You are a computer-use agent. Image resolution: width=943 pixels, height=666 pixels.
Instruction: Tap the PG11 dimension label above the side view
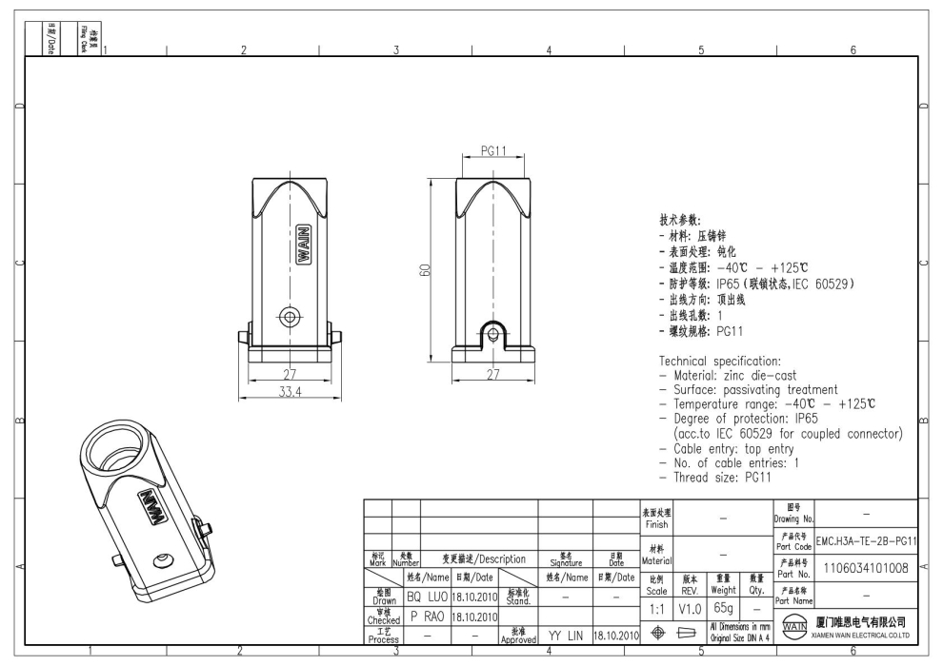tap(492, 151)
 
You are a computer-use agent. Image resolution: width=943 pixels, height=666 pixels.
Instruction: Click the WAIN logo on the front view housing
tap(302, 245)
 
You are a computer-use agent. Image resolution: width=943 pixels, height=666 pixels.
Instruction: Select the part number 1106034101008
tap(865, 570)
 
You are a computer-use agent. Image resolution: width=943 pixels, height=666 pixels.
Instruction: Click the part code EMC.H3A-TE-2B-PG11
tap(866, 541)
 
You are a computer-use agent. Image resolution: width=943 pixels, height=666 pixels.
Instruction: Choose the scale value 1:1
tap(656, 607)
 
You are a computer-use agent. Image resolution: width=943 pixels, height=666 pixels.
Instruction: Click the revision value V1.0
tap(691, 607)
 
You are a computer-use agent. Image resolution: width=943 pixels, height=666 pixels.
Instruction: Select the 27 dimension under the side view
tap(492, 374)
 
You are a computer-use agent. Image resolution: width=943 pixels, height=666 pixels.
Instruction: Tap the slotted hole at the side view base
tap(492, 333)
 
